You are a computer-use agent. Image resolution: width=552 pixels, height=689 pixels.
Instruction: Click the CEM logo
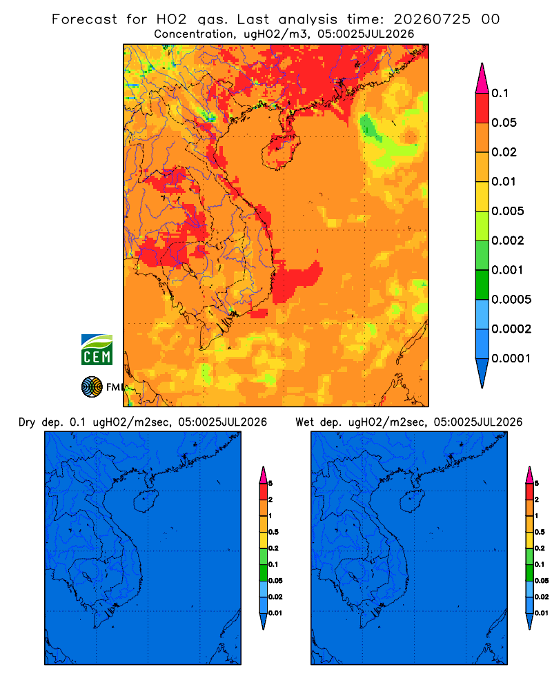tap(97, 350)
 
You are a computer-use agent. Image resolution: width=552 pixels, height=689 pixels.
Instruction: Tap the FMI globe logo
tap(92, 387)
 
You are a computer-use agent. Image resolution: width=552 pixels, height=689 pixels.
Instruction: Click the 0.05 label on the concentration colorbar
tap(504, 123)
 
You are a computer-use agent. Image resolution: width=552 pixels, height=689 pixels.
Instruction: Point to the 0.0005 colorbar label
tap(511, 300)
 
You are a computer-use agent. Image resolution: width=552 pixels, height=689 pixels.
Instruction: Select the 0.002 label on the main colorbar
tap(508, 240)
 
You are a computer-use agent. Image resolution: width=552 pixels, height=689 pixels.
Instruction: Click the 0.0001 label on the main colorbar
tap(511, 358)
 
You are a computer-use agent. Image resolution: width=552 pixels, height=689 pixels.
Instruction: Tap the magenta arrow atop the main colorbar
tap(482, 78)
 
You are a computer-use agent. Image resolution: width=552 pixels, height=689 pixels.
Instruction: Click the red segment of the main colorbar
tap(482, 107)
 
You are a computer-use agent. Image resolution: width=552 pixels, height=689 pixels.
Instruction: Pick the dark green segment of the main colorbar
tap(482, 285)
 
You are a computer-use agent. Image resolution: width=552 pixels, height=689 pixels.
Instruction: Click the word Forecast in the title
tap(84, 19)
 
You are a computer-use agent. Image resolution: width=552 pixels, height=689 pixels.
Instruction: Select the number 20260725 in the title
tap(432, 19)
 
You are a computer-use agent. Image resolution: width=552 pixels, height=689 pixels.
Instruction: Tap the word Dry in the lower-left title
tap(27, 422)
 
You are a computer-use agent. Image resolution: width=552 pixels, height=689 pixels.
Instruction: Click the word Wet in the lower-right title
tap(304, 422)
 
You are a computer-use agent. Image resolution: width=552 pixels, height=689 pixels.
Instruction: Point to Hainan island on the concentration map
tap(281, 152)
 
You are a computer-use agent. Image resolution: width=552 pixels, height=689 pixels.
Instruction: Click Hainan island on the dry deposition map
tap(146, 502)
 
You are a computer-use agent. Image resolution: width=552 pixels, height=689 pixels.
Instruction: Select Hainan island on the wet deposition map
tap(412, 502)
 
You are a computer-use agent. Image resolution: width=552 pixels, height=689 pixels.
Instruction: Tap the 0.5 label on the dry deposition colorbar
tap(273, 532)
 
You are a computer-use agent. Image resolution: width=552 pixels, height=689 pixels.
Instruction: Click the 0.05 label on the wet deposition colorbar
tap(542, 581)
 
